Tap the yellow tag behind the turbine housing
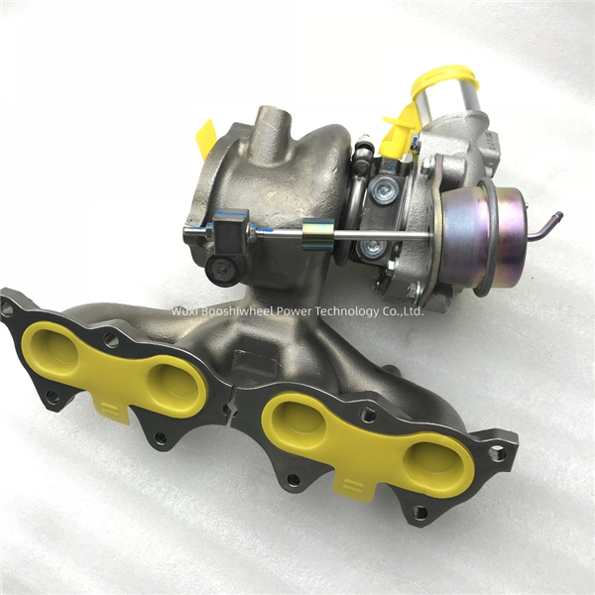tap(207, 140)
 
